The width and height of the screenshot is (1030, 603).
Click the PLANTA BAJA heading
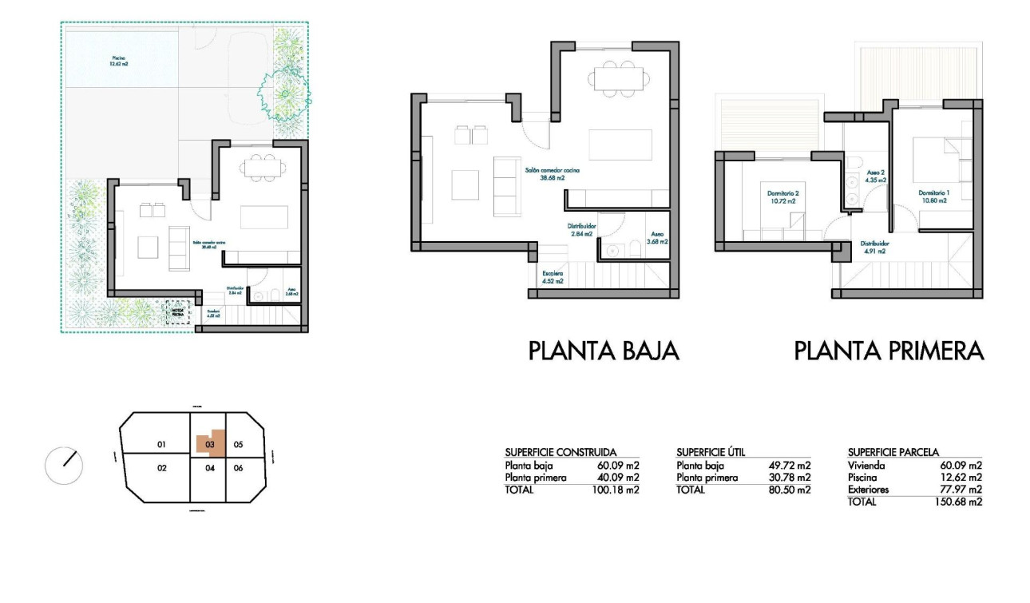point(604,351)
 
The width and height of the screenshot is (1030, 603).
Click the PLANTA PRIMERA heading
point(889,351)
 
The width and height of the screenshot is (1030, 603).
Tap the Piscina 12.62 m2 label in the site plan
point(120,60)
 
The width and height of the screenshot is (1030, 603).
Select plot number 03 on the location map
point(210,444)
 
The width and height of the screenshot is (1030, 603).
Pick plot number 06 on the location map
point(238,468)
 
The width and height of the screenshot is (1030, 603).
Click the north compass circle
point(65,465)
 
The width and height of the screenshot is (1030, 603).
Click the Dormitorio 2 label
point(783,197)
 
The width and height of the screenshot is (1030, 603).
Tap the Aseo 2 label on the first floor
point(876,177)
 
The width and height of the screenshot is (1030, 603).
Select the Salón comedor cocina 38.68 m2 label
point(552,174)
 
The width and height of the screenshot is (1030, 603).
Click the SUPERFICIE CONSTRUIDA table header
point(561,452)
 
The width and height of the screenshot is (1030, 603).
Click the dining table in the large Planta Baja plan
point(617,78)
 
